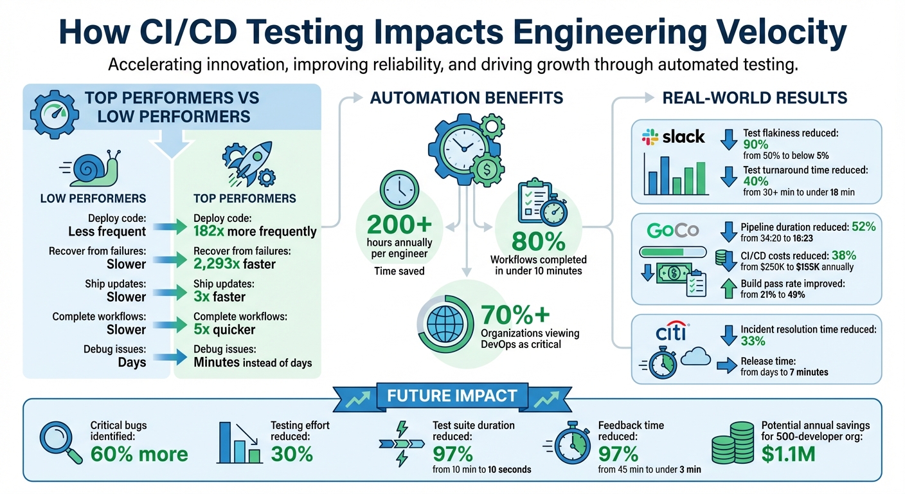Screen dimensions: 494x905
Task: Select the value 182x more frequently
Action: (255, 232)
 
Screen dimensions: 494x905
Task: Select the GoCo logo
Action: (673, 230)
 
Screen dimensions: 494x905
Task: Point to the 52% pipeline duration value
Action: (863, 226)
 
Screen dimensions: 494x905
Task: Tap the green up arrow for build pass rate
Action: (728, 288)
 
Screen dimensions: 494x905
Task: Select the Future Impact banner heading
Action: (452, 396)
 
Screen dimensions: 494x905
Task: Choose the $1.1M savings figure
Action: (788, 455)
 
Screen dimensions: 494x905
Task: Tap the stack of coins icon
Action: (732, 443)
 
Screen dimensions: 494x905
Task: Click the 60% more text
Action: (139, 454)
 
